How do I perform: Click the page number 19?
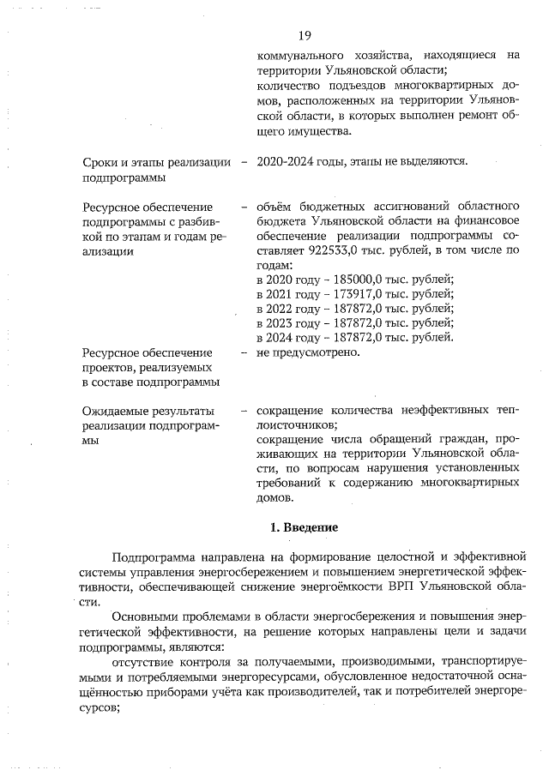pos(304,35)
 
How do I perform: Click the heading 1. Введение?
pos(303,526)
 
